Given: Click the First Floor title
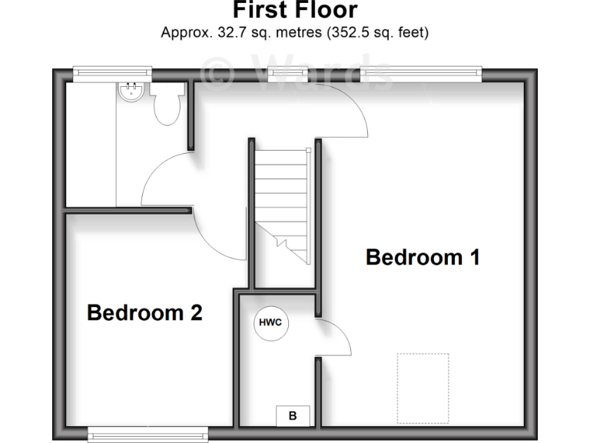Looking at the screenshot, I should pos(295,11).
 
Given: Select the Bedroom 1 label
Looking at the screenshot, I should pos(423,257).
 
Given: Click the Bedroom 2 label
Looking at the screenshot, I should pos(144,313).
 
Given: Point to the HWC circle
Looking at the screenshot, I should pos(271,324).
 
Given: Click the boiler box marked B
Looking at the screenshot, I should pos(293,416).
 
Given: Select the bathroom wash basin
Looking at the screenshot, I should pos(130,94).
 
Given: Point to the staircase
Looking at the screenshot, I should pos(282,204).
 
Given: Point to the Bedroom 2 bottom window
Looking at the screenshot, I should pos(147,435).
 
